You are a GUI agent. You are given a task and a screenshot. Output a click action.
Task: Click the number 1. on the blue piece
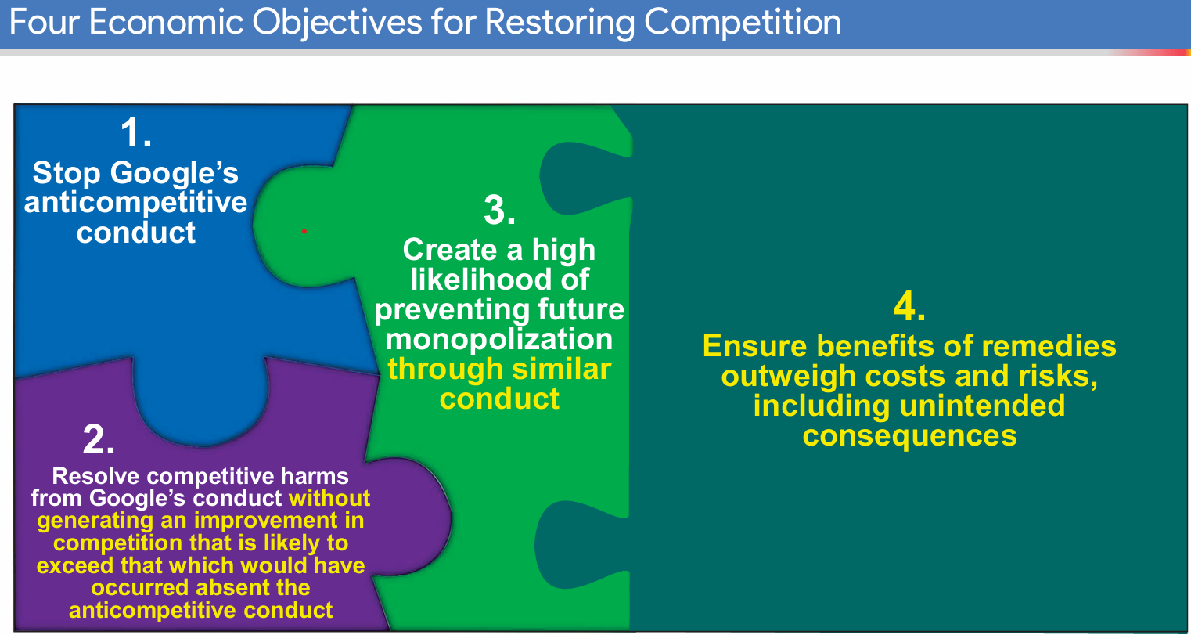tap(135, 132)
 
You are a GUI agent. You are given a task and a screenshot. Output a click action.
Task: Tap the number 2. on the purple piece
tap(99, 440)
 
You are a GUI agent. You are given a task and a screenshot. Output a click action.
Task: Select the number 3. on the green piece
tap(499, 210)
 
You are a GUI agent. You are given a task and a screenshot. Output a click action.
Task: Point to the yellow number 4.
tap(909, 307)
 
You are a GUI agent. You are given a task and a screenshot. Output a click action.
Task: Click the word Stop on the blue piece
tap(67, 173)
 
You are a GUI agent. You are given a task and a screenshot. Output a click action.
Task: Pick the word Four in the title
tap(42, 22)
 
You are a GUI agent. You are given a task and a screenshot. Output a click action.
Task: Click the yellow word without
tap(329, 498)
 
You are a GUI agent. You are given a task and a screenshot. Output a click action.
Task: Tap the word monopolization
tap(499, 339)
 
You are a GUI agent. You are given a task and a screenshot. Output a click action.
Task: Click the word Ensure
tap(755, 346)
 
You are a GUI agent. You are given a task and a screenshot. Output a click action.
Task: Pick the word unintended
tap(982, 406)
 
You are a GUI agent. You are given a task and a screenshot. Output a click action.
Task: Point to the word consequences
tap(909, 435)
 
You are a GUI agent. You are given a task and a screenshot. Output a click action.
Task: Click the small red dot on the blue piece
tap(304, 231)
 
